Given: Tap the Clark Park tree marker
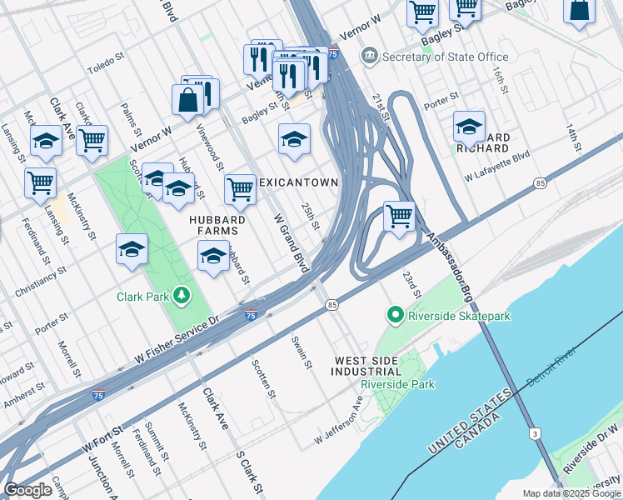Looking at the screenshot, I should pos(179,296).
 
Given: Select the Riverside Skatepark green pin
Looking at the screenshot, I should pos(396,316).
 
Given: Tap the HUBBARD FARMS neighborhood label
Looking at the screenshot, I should pos(217,226).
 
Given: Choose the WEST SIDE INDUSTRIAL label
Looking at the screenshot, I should pos(366,366).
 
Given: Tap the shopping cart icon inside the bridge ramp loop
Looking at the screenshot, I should pos(400,216).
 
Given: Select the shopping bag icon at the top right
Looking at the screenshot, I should pos(579,9).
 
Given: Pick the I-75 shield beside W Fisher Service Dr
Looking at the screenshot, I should pos(251,313).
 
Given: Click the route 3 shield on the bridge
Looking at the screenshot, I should pos(533,433).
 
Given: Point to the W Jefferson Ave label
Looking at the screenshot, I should pos(339,421).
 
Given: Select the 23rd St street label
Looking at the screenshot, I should pos(412,286).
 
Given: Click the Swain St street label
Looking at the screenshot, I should pos(302,352).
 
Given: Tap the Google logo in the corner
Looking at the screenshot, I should pos(27,490).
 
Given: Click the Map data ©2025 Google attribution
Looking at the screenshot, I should pos(571,493).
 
